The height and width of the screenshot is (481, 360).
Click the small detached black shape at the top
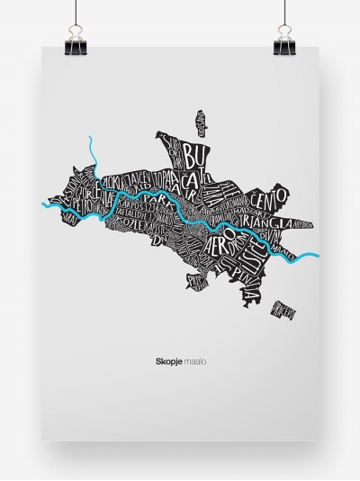tap(203, 123)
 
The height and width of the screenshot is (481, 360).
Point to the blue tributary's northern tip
tap(93, 139)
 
